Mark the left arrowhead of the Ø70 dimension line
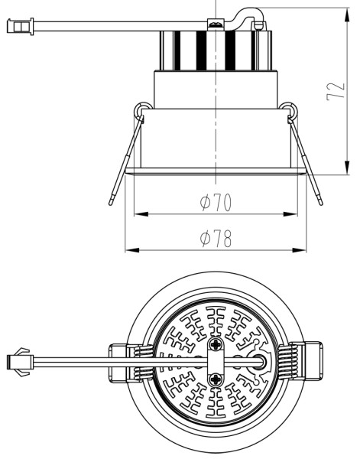point(138,213)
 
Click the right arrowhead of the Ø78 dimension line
point(304,249)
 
